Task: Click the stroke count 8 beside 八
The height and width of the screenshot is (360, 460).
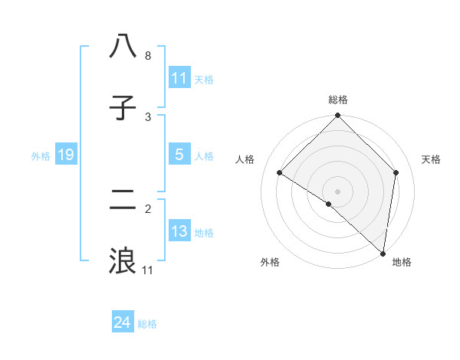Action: (x=148, y=56)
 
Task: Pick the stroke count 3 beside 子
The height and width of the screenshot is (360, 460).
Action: (x=148, y=117)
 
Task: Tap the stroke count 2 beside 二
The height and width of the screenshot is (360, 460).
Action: (x=148, y=208)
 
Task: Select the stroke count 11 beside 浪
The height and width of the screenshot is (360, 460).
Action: (x=148, y=270)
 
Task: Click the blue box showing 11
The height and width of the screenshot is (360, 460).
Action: (x=179, y=78)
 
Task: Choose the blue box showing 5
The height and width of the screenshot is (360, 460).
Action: (x=179, y=155)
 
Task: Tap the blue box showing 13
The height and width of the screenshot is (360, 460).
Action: (x=179, y=231)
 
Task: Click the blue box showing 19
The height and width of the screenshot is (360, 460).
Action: (x=66, y=155)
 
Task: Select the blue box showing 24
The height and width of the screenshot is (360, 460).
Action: (x=123, y=323)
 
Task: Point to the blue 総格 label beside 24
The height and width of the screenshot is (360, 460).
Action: (x=147, y=324)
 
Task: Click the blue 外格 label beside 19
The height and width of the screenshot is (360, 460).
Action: (x=41, y=155)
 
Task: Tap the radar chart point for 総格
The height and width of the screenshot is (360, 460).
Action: (x=338, y=116)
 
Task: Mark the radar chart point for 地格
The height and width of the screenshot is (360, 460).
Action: (x=383, y=253)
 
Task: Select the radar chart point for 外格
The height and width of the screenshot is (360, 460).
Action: (x=329, y=204)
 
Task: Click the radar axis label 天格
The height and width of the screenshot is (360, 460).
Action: (x=431, y=159)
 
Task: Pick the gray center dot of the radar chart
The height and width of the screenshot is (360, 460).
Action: (x=338, y=191)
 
